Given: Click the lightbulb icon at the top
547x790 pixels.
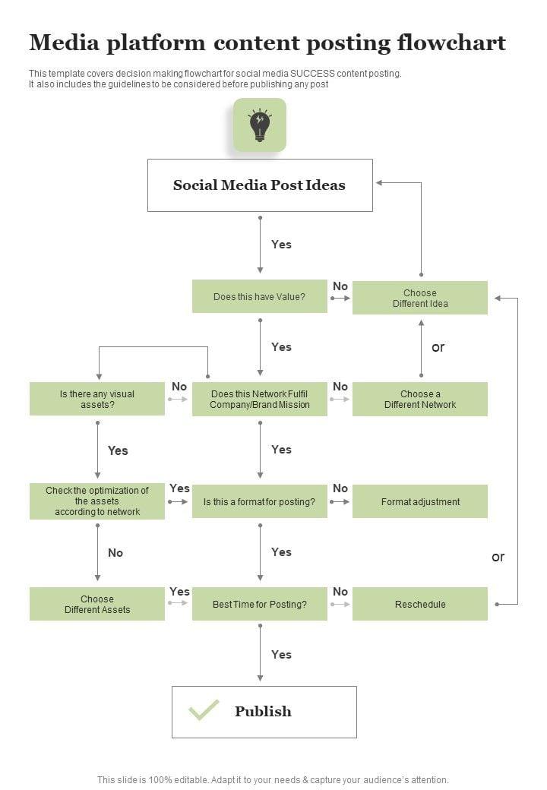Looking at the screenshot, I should point(260,125).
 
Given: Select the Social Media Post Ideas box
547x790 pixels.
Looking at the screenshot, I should point(260,185).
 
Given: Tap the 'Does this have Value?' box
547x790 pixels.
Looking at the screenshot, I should point(260,297).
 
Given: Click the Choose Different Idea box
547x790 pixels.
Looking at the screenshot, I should point(420,298).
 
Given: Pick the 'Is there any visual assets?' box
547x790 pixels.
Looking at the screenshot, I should point(97,399).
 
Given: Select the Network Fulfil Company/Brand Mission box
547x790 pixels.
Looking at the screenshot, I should point(260,399).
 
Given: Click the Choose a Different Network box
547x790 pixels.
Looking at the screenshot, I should point(420,399).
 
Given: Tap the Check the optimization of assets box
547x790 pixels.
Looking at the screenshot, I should point(97,501).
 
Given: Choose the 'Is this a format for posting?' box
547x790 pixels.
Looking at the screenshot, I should point(260,501).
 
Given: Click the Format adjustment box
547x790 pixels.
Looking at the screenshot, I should point(420,501).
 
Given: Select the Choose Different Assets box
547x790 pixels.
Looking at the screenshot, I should point(97,604).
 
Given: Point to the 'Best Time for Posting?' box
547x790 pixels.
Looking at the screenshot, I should point(260,604).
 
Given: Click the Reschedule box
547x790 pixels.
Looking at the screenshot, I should point(420,604).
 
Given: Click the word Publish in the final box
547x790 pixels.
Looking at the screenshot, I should point(263,712).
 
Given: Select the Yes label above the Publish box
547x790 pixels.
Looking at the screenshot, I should point(281,654).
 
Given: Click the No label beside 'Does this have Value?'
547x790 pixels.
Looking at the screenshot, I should point(340,286).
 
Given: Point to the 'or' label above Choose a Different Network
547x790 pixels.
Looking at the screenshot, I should point(438,347).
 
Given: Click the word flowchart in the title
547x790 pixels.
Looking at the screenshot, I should point(451,43).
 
